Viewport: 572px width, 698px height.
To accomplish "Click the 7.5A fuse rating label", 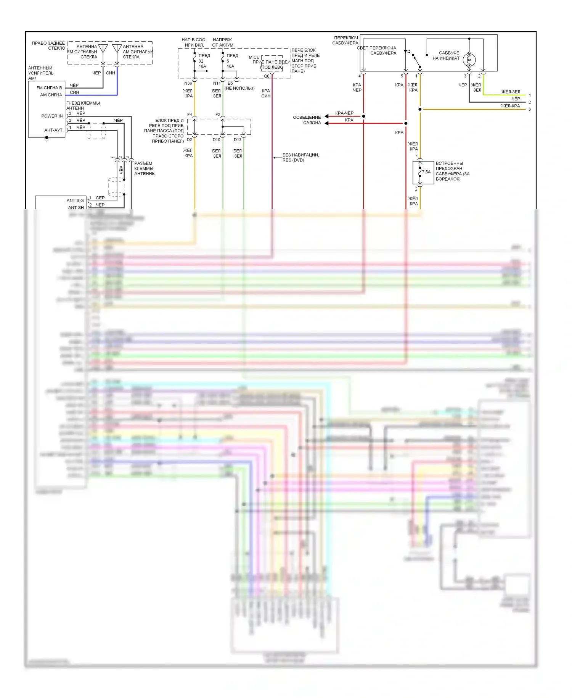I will click(426, 172).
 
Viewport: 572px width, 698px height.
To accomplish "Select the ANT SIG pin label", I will click(75, 200).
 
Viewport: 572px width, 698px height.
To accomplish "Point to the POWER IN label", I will click(52, 116).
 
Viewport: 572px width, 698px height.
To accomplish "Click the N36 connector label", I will click(188, 83).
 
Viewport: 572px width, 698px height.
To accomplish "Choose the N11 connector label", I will click(216, 83).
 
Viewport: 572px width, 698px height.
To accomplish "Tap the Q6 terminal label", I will click(267, 76).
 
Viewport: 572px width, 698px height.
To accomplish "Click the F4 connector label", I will click(190, 115).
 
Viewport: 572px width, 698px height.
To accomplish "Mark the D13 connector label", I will click(238, 140).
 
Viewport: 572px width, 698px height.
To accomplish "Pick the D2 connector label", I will click(190, 140).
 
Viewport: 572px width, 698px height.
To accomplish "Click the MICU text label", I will click(254, 57).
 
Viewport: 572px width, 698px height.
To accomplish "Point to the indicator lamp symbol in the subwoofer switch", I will click(469, 60).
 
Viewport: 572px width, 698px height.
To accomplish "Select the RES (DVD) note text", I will click(293, 160).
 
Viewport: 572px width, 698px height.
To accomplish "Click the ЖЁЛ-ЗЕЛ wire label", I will click(511, 92).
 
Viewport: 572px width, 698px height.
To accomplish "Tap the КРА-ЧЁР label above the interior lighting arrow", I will click(344, 113).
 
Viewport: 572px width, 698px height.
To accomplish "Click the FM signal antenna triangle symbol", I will click(103, 48).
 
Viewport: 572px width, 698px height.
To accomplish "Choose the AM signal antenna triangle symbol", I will click(117, 48).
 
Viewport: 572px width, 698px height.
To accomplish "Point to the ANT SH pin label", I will click(76, 208).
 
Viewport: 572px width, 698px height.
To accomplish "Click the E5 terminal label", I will click(230, 83).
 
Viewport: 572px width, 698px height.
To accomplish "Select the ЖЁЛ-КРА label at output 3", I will click(510, 106).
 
